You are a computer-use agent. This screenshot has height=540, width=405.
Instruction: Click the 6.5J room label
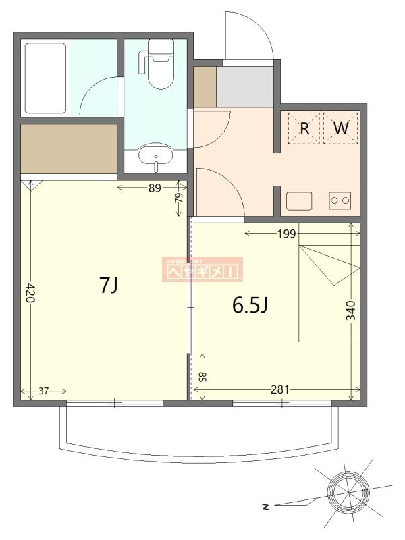pos(250,306)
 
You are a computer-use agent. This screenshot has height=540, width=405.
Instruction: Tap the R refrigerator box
pos(304,128)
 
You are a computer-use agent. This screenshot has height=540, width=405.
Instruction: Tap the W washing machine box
pos(340,128)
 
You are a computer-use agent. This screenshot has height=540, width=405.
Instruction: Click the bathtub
pos(45,78)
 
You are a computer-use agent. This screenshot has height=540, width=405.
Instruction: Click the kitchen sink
pos(299,200)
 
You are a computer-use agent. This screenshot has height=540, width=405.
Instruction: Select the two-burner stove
pos(340,200)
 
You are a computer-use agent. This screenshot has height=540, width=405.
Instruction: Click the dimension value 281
pos(280,389)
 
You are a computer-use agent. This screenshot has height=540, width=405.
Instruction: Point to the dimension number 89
pos(155,188)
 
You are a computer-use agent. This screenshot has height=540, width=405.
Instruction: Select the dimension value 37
pos(44,390)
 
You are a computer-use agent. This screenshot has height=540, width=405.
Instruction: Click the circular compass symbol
pos(348,490)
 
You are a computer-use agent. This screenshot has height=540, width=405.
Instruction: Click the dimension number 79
pos(179,199)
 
